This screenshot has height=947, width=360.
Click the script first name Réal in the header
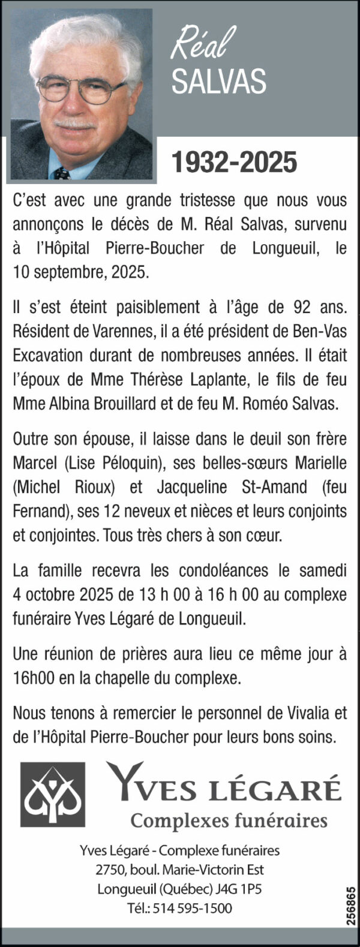(x=202, y=46)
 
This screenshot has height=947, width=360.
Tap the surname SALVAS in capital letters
(x=218, y=82)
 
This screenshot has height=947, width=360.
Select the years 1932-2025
(x=234, y=163)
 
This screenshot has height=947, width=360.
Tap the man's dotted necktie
(x=61, y=174)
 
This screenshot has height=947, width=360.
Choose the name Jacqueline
(x=192, y=487)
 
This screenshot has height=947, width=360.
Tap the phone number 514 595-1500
(x=192, y=909)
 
